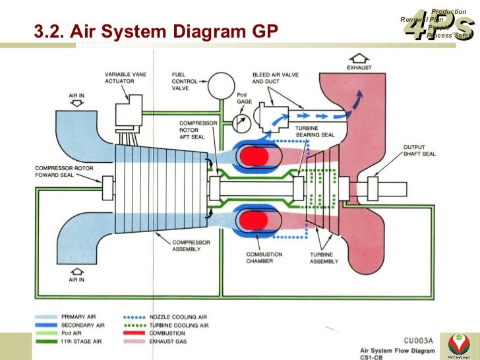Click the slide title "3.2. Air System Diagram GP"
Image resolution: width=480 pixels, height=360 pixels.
[156, 31]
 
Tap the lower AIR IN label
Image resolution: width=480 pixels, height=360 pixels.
[77, 280]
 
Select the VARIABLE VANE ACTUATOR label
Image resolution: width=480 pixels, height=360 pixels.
[125, 78]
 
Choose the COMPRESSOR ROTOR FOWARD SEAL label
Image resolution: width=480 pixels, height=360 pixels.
[63, 172]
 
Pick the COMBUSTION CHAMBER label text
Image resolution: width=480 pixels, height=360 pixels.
[264, 257]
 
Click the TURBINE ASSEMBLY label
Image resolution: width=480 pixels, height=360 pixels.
[324, 257]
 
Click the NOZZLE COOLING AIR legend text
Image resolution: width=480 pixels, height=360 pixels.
[180, 317]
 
